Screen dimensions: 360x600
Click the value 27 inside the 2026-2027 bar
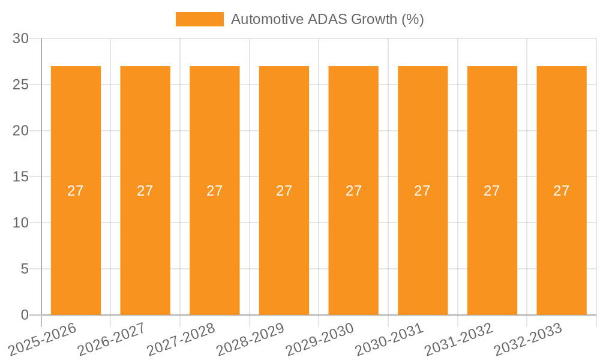click(145, 191)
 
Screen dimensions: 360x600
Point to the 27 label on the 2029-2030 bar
click(353, 191)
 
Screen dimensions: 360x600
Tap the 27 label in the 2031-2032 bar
click(492, 191)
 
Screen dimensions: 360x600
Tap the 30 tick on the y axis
click(20, 38)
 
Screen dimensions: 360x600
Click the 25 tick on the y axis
click(20, 85)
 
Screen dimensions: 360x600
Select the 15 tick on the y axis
click(20, 177)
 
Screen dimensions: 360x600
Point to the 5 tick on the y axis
click(25, 269)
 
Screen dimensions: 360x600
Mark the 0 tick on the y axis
click(25, 315)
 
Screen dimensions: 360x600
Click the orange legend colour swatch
click(199, 19)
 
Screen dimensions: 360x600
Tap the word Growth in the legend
click(376, 19)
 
